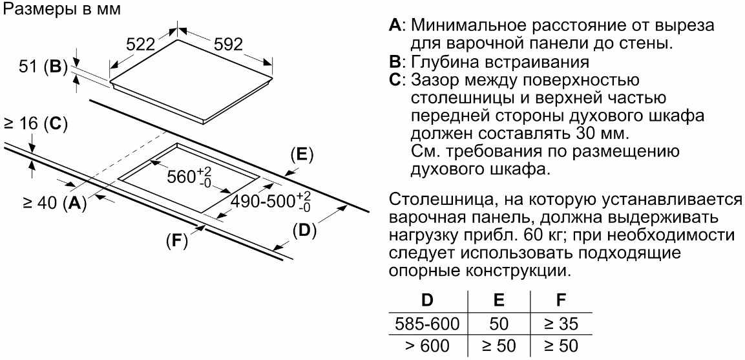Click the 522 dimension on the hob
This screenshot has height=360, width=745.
point(141,45)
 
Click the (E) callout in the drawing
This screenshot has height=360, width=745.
point(301,154)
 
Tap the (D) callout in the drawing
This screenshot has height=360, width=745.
point(304,229)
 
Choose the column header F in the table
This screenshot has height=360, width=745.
point(560,301)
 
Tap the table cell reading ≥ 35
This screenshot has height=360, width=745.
point(560,324)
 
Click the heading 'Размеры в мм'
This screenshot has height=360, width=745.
point(53,10)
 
